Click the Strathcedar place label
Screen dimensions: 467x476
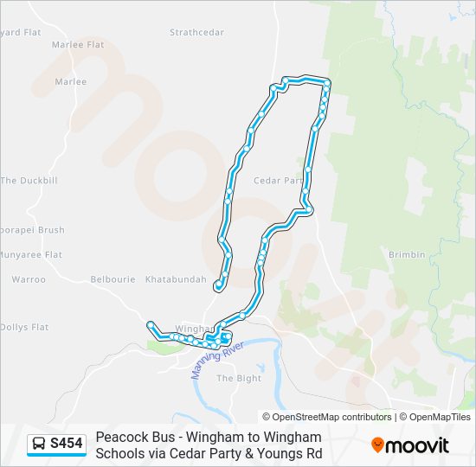[x=196, y=33]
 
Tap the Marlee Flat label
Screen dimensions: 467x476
[x=78, y=44]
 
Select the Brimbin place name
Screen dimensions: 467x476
[x=407, y=255]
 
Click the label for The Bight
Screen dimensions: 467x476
[x=238, y=379]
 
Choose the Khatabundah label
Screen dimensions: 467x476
[x=176, y=280]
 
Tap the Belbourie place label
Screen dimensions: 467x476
[x=113, y=280]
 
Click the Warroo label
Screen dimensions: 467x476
[x=29, y=280]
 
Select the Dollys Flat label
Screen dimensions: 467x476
[x=24, y=328]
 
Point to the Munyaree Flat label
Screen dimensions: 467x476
[x=31, y=255]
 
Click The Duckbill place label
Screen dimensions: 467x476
[x=29, y=181]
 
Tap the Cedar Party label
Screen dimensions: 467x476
[x=278, y=181]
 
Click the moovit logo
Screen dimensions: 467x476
[x=410, y=445]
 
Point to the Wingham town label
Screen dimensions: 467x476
[x=190, y=329]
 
